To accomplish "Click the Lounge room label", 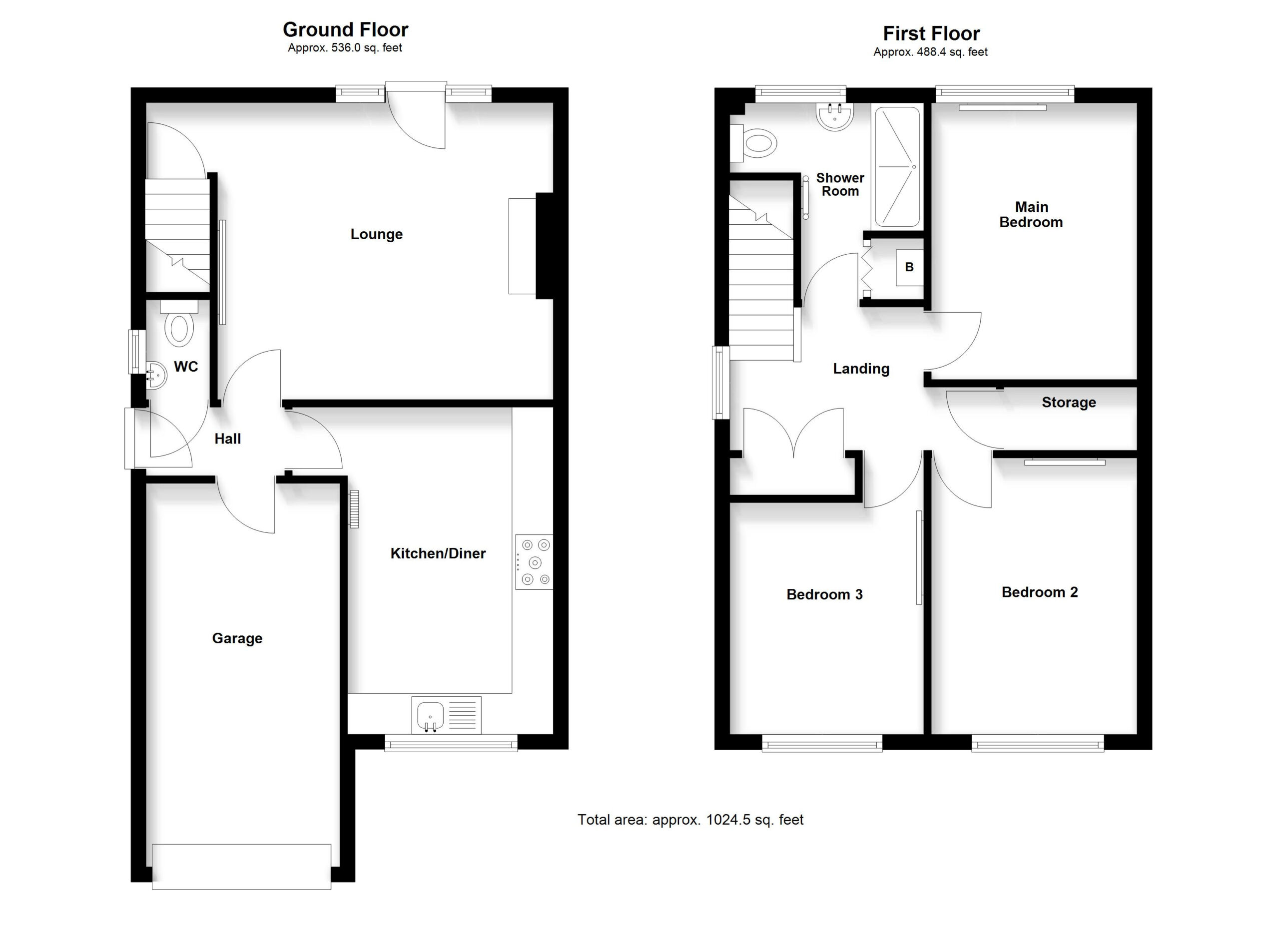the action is point(376,234).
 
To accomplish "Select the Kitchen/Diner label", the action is point(438,553).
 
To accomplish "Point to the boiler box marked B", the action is point(909,267).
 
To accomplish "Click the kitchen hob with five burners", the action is point(534,562).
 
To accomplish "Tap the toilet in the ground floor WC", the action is point(179,324).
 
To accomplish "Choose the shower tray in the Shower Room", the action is point(898,167).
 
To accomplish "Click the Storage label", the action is point(1069,402).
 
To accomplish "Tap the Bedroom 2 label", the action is point(1039,592).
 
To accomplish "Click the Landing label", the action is point(861,369).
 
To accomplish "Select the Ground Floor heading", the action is point(345,29).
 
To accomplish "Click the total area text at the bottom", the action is point(690,820).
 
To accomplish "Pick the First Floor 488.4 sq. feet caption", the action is point(930,52).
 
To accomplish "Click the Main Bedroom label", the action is point(1031,215).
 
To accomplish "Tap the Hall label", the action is point(227,439).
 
